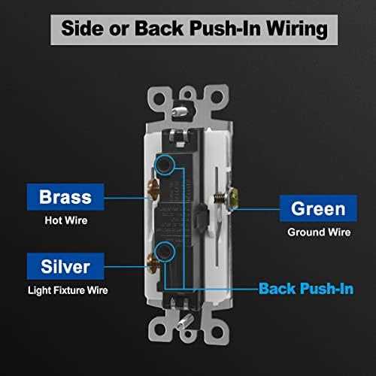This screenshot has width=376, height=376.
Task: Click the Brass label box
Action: click(65, 197)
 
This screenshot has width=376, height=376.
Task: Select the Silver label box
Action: click(65, 266)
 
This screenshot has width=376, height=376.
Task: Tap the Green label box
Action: click(318, 208)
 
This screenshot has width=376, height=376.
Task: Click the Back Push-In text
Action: click(306, 289)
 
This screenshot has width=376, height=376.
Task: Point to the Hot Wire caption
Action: click(66, 220)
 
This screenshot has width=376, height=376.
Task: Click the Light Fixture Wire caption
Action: click(68, 290)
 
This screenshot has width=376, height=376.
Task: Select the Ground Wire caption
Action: click(319, 232)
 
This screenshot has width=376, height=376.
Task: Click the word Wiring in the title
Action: click(297, 29)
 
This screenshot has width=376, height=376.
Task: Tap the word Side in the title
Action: click(83, 28)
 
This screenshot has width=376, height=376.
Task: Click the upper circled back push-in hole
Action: click(165, 165)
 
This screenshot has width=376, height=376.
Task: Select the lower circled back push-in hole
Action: click(165, 252)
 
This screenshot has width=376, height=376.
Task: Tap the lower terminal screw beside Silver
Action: click(153, 263)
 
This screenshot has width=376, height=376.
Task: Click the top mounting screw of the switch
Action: click(180, 111)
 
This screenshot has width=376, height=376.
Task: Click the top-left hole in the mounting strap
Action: click(159, 98)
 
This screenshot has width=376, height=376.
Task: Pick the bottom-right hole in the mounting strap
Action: click(217, 332)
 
